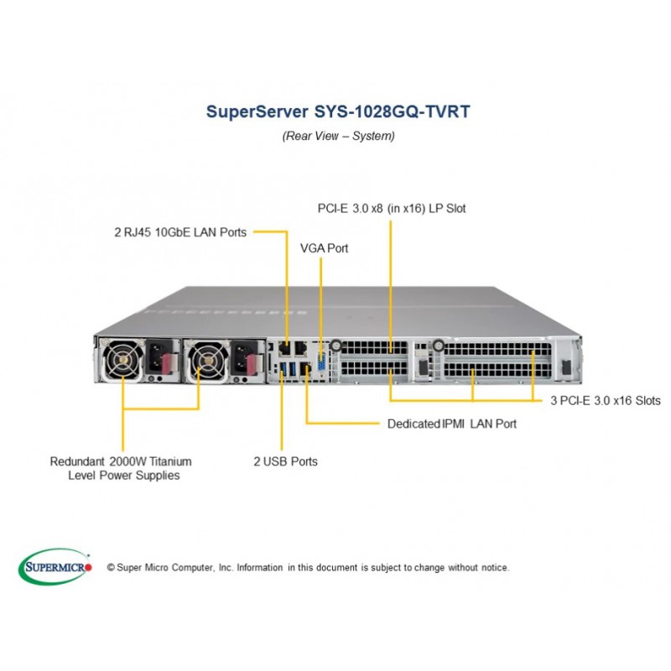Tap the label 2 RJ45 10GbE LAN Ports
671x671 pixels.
tap(180, 232)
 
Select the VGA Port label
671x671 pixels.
tap(324, 249)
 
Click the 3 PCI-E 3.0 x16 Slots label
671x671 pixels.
tap(605, 401)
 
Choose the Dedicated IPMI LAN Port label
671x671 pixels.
tap(451, 424)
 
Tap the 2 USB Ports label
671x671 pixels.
tap(285, 461)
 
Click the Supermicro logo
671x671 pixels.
tap(55, 566)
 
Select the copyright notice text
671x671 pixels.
tap(308, 568)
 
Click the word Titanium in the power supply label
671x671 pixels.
tap(169, 461)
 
